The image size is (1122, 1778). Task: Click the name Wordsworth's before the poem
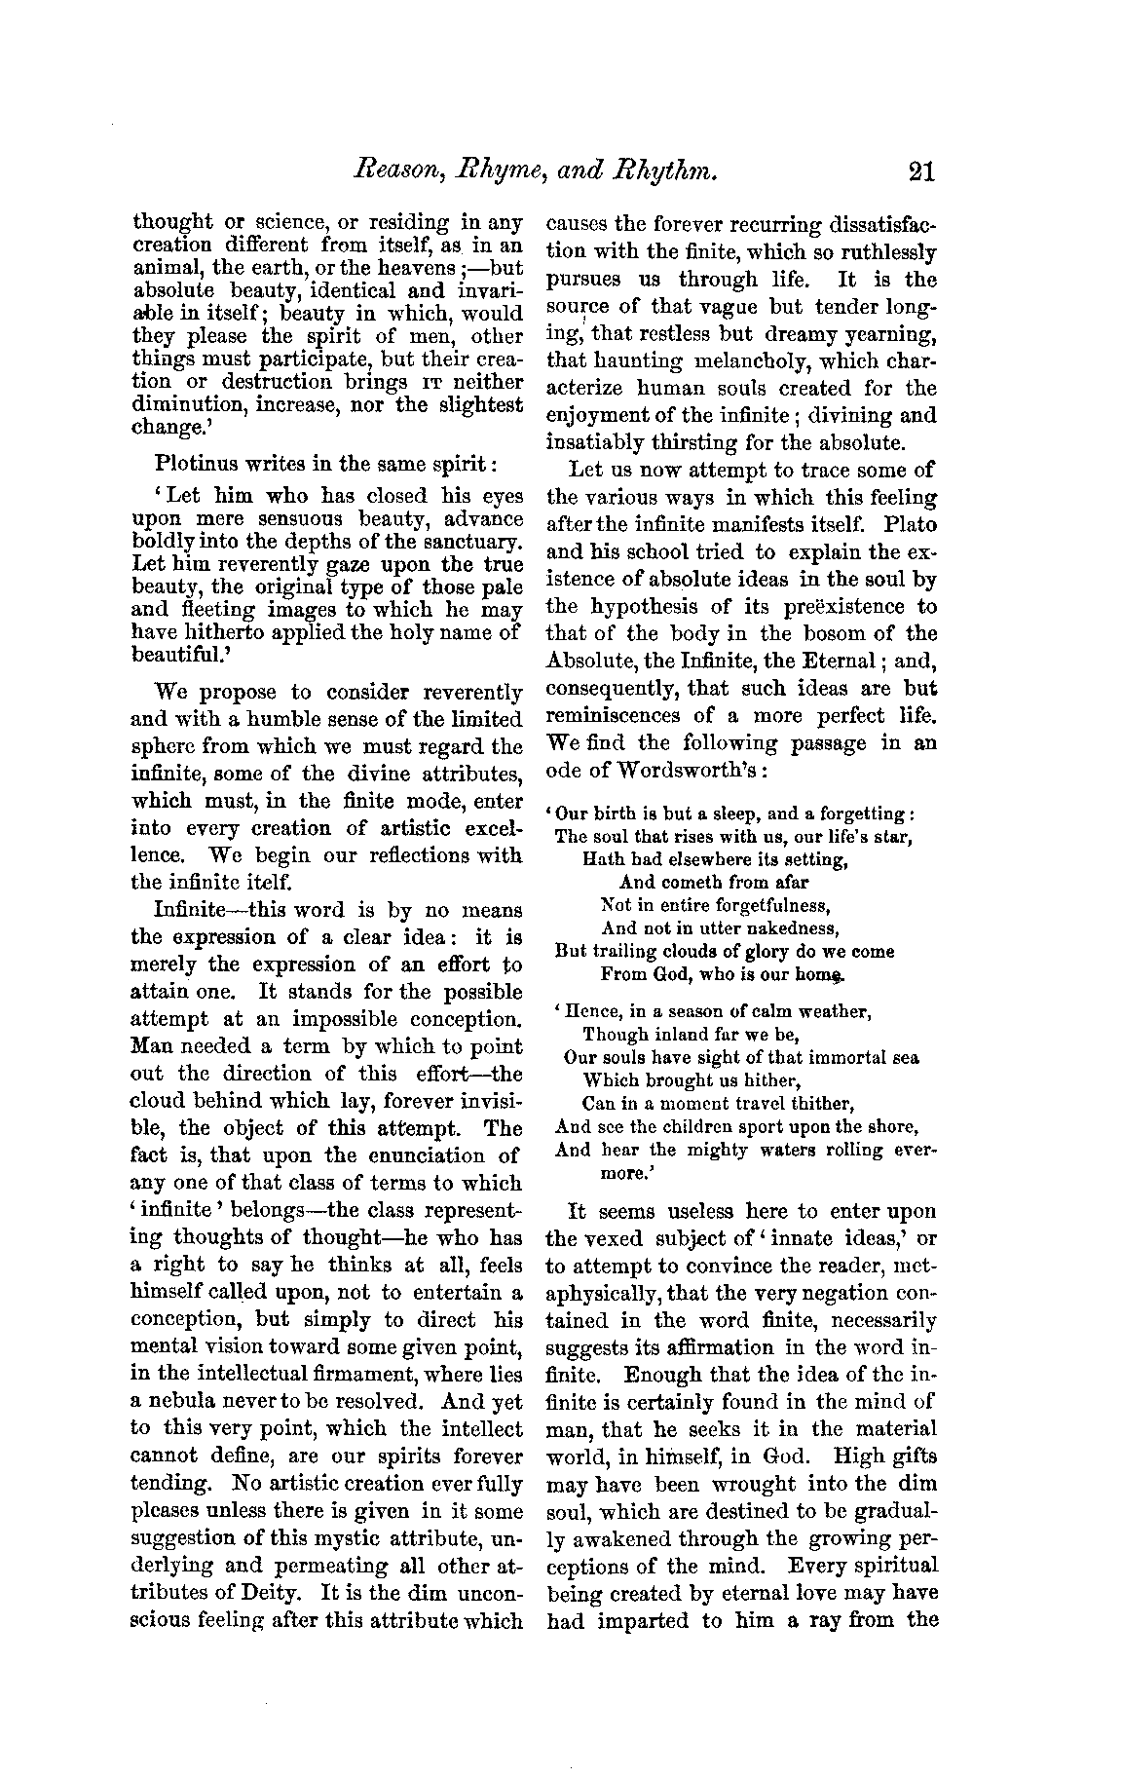(x=664, y=770)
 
